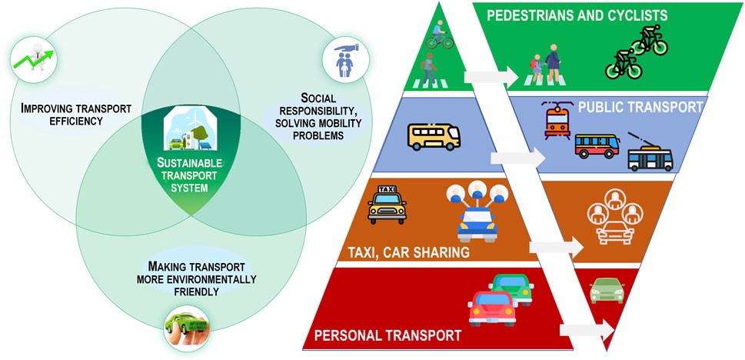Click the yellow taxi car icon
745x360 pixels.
[x=387, y=205]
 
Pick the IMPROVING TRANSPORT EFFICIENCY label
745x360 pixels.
[x=76, y=114]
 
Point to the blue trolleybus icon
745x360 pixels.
[x=650, y=154]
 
